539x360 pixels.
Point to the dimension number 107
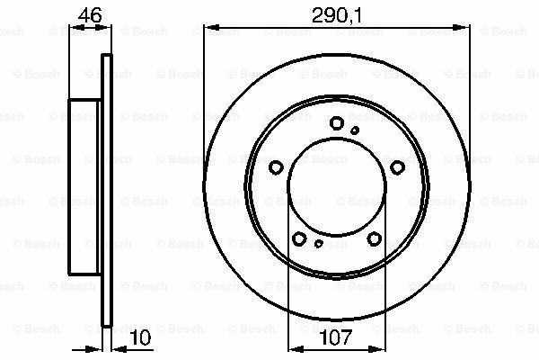click(337, 340)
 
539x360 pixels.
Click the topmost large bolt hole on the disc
click(337, 123)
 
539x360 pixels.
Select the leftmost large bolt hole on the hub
click(277, 166)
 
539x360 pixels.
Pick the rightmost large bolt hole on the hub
click(396, 166)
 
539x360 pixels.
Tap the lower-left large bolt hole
click(299, 238)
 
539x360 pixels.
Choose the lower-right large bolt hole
click(374, 238)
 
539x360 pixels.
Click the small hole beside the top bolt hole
click(355, 130)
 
